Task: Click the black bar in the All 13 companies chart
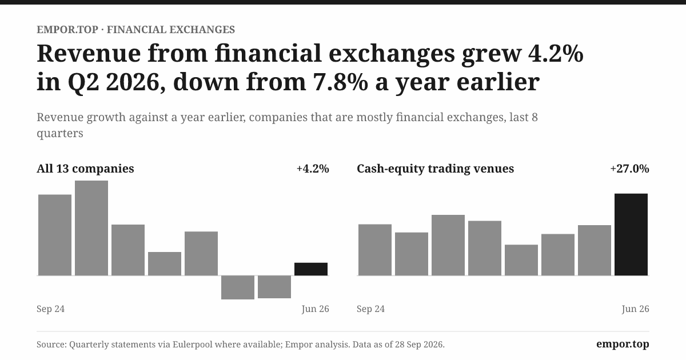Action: tap(311, 269)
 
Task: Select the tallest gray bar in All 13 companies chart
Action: tap(91, 228)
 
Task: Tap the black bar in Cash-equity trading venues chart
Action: tap(631, 234)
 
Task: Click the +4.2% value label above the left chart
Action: tap(313, 169)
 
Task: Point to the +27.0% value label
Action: tap(629, 169)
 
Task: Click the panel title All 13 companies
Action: tap(85, 169)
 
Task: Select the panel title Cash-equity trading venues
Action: tap(435, 169)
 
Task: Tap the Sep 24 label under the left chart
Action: tap(51, 309)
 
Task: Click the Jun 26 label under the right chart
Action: tap(635, 309)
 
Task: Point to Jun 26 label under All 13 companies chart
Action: tap(315, 309)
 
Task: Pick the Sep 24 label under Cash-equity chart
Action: tap(371, 309)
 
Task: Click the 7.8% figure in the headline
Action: tap(340, 82)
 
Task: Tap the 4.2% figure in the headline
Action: tap(556, 53)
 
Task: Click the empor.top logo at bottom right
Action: tap(623, 344)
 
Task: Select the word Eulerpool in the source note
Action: tap(192, 345)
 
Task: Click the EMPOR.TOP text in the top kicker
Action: tap(67, 30)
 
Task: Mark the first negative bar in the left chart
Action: tap(238, 287)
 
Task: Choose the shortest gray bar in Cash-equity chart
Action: tap(521, 260)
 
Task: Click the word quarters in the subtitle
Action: tap(60, 134)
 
